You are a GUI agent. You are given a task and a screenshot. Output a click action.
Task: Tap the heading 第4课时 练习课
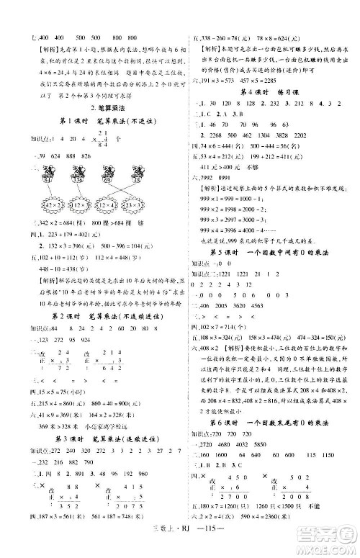point(268,93)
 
